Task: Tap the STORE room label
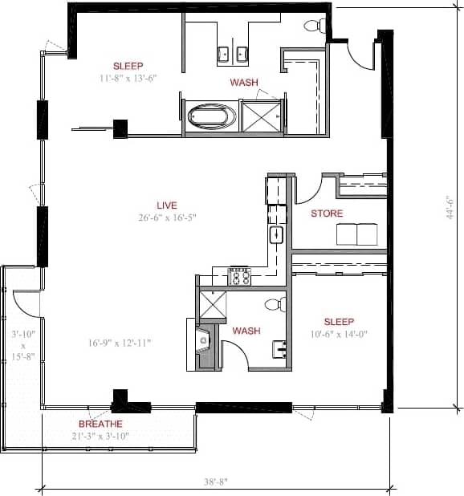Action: click(327, 213)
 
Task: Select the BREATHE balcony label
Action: click(100, 424)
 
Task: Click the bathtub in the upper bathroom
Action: click(213, 117)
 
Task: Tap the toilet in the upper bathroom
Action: click(313, 26)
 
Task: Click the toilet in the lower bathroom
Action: click(275, 304)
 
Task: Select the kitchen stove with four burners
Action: click(240, 276)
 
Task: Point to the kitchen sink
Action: click(276, 234)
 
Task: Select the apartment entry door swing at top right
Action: click(360, 54)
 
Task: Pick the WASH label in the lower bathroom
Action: click(246, 331)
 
